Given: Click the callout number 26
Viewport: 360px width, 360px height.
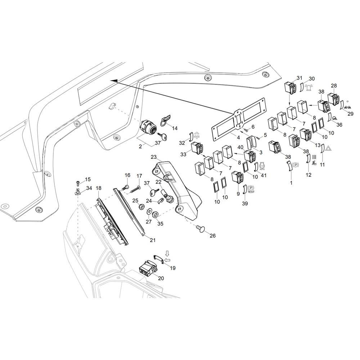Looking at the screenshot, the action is coord(213,235).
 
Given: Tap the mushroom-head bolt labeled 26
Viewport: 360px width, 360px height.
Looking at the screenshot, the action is coord(199,229).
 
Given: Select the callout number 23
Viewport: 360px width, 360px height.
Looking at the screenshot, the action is coord(154,157).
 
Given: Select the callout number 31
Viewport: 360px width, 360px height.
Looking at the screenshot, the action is coord(300,78).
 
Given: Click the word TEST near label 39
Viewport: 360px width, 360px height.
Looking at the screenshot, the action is coord(251,192).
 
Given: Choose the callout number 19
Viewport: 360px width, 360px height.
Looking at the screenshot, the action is coord(172,268).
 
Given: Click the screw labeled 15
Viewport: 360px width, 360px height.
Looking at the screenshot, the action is coord(78,184).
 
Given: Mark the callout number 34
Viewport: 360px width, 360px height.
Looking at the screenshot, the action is coord(89,188).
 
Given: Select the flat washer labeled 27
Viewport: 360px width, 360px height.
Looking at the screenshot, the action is coord(149,211).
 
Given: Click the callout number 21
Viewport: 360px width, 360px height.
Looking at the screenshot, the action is coord(153,240).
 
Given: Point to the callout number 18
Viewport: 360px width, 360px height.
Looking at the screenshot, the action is coord(99,188).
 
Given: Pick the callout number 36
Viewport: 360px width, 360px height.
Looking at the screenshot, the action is coord(339,125).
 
